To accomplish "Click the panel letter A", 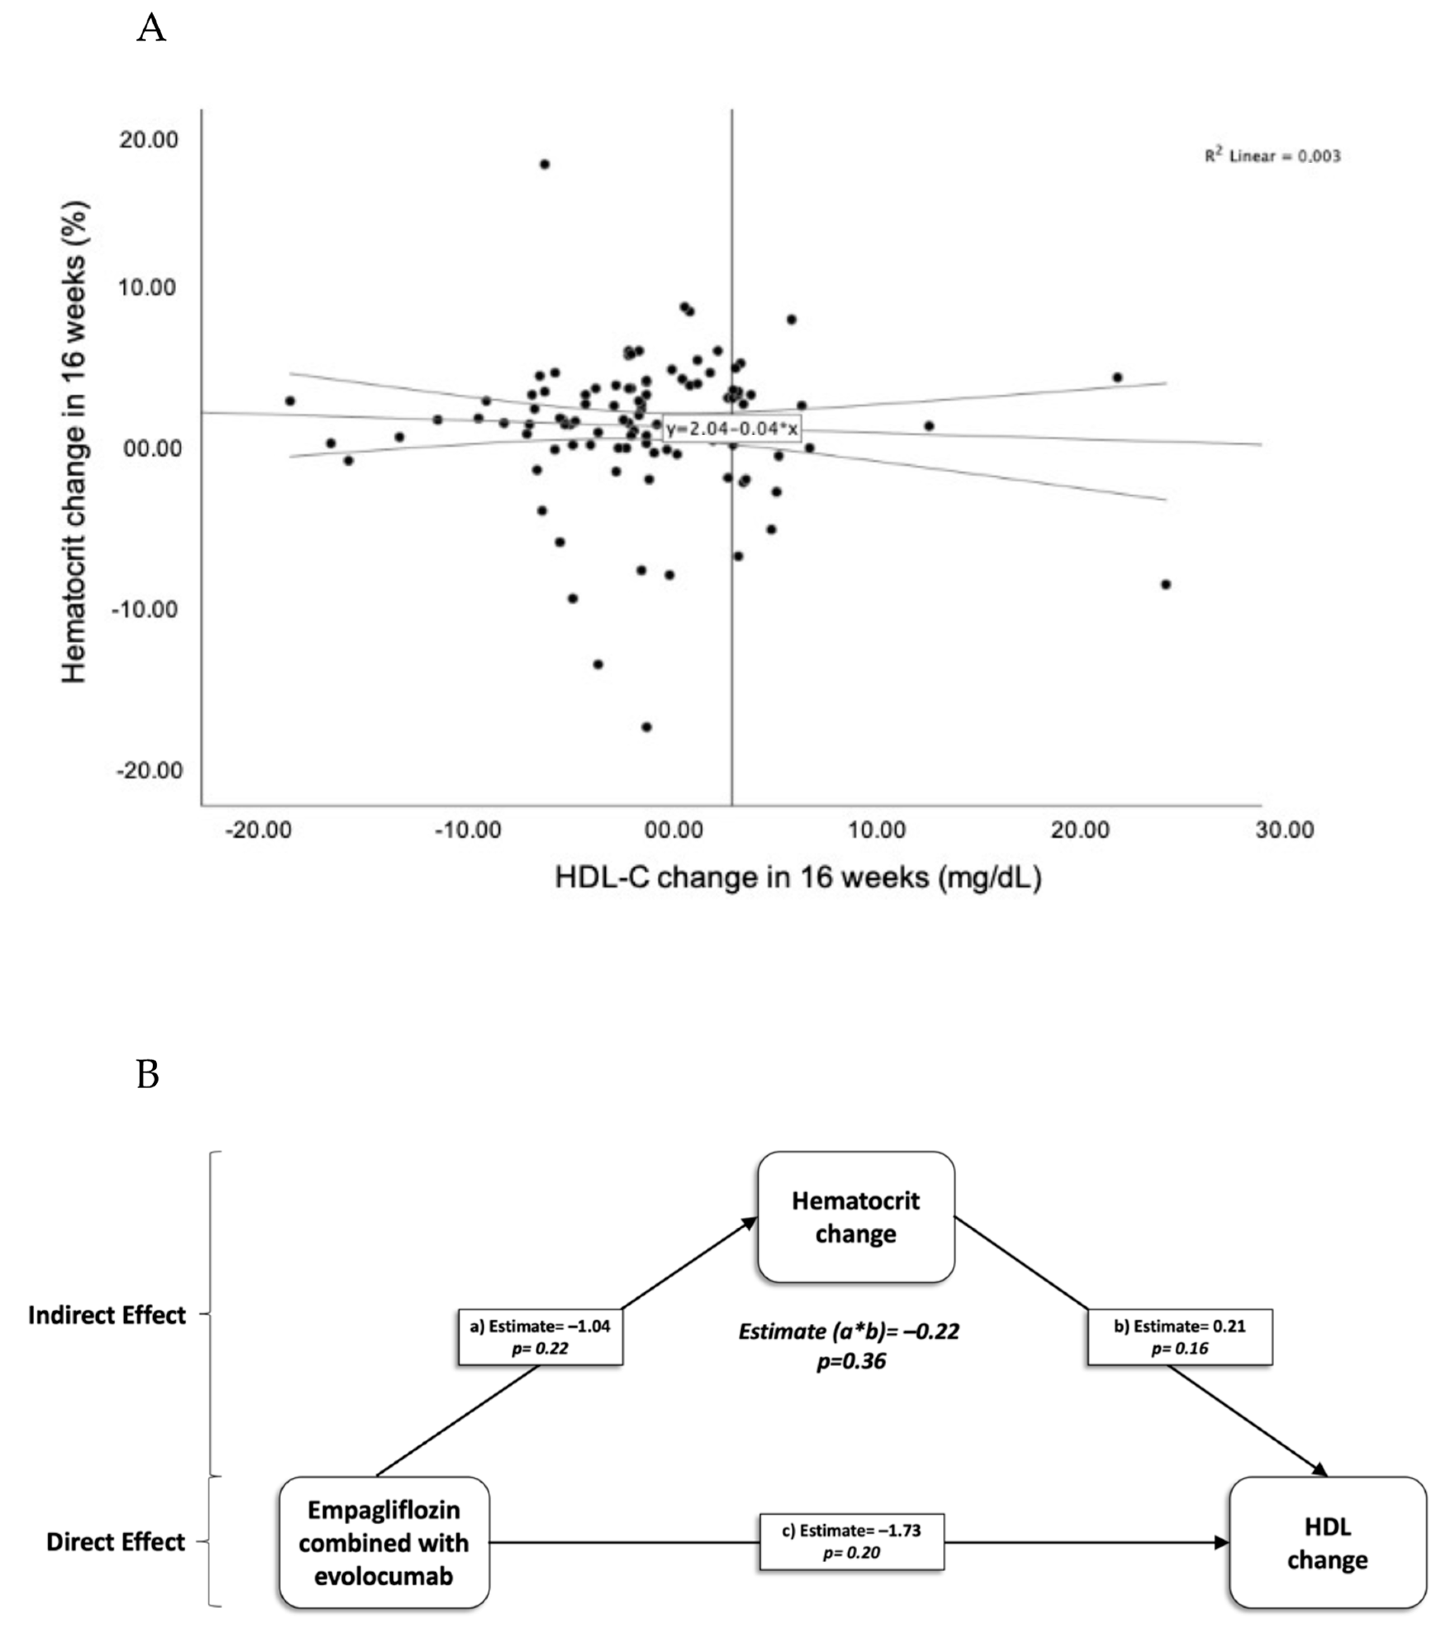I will [x=151, y=29].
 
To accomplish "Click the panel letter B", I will [x=148, y=1075].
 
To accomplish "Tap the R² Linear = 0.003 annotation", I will [x=1272, y=156].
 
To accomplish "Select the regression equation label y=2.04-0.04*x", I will [x=731, y=429].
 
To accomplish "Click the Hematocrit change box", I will [x=856, y=1217].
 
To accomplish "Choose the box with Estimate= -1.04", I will [x=540, y=1337].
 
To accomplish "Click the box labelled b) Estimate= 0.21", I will [x=1179, y=1337].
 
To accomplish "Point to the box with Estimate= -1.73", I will [x=852, y=1542].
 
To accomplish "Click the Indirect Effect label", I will [x=107, y=1315].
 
